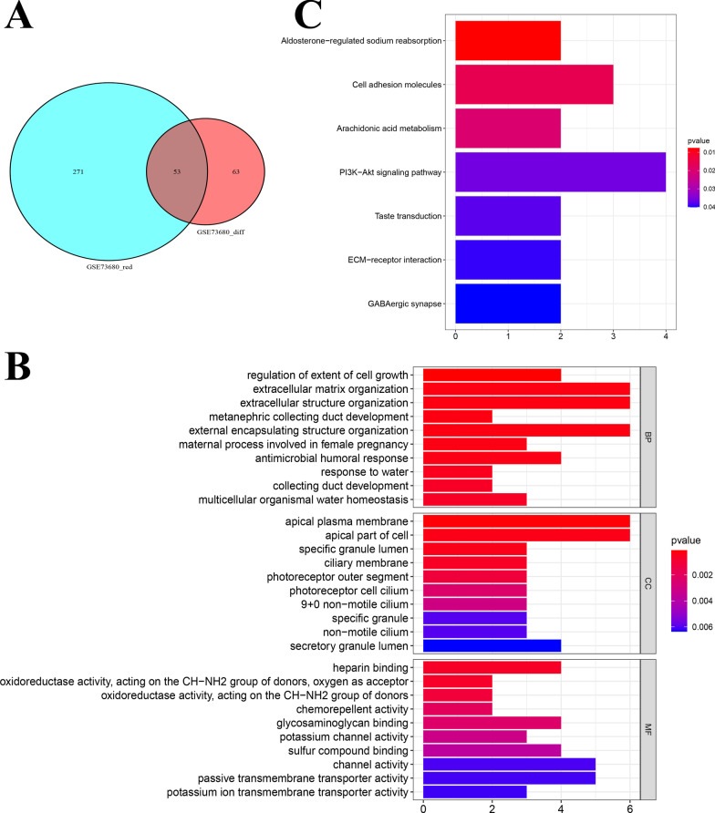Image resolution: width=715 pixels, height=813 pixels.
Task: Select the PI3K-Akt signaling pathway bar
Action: [560, 171]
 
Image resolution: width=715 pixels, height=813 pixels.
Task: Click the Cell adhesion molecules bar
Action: [534, 85]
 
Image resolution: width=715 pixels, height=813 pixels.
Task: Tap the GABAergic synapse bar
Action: [507, 304]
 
